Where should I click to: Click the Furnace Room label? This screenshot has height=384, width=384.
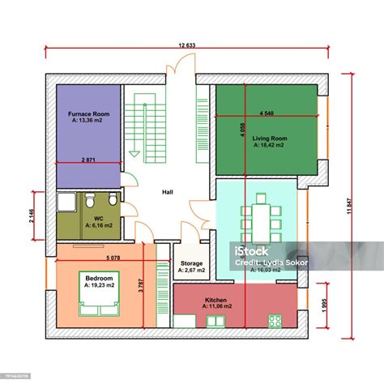[88, 115]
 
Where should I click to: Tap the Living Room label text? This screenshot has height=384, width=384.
[269, 139]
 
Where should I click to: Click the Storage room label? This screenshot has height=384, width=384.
[192, 263]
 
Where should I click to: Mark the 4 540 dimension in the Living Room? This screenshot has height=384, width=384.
[267, 113]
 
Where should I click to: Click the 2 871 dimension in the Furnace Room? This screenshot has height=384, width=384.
[89, 160]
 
